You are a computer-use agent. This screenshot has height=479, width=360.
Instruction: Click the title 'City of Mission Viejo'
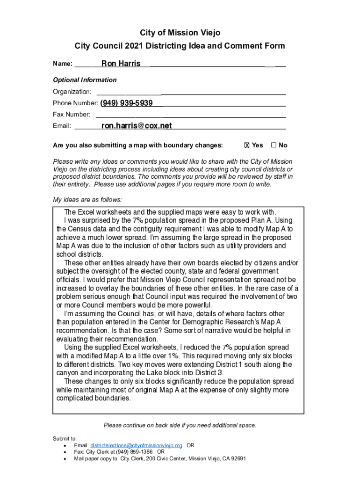(x=180, y=33)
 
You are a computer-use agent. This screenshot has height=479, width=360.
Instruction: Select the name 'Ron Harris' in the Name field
(x=121, y=64)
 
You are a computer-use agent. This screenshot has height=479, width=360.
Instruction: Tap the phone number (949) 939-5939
(x=126, y=102)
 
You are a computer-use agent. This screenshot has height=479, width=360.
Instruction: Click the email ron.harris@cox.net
(x=137, y=125)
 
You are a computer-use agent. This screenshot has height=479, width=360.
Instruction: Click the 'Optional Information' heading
(x=85, y=80)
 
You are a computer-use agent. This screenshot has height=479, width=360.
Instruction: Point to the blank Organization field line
(x=191, y=92)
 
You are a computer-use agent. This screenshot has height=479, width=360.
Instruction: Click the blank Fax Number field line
(x=191, y=115)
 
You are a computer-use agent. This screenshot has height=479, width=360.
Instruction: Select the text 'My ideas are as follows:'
(x=87, y=200)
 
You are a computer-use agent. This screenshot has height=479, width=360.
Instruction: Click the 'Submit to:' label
(x=65, y=438)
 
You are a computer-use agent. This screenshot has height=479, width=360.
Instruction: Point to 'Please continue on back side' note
(x=180, y=425)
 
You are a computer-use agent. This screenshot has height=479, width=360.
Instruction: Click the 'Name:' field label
(x=62, y=64)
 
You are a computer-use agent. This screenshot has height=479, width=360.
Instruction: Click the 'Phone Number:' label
(x=75, y=103)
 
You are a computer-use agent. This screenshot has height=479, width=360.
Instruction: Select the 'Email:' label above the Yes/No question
(x=62, y=126)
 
